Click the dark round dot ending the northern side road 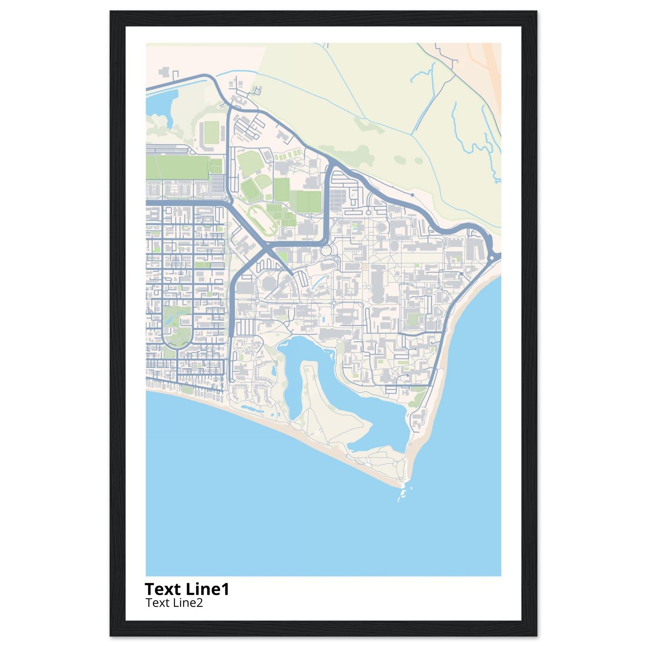pos(412,195)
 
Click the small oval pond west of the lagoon pos(274,370)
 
